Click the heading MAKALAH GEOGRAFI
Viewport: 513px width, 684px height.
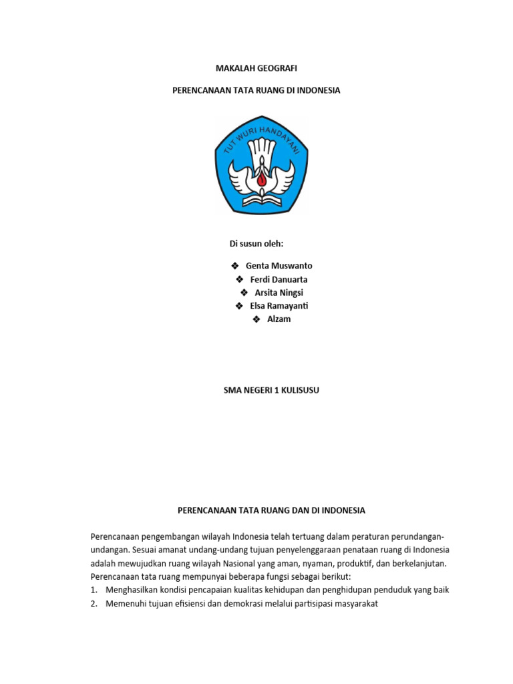point(256,68)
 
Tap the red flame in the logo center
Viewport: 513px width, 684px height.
point(261,176)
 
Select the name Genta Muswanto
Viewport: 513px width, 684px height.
point(279,266)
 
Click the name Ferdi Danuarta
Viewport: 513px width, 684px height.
point(279,279)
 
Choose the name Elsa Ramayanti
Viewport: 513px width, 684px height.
point(279,306)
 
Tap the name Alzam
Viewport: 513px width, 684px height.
point(279,319)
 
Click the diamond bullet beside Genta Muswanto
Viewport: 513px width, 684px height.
point(234,266)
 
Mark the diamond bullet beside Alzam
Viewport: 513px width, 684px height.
point(256,319)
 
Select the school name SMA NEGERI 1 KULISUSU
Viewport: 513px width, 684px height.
point(271,391)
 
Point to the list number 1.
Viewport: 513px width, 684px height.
point(94,590)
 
